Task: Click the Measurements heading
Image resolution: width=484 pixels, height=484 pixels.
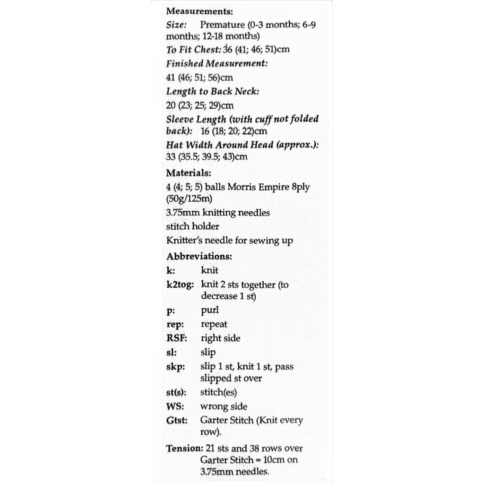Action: tap(199, 11)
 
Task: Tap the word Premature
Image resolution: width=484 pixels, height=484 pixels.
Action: tap(222, 25)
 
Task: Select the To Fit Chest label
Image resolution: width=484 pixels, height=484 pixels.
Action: tap(193, 50)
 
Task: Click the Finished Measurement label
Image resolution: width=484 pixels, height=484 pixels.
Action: tap(216, 63)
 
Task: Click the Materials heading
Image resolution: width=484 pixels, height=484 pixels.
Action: tap(188, 173)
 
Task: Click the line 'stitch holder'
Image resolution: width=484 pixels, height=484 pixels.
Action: tap(192, 226)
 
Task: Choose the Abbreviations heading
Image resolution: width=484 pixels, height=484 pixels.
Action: tap(199, 257)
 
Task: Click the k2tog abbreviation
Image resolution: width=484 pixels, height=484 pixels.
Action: tap(180, 285)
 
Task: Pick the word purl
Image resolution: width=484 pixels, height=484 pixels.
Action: tap(209, 311)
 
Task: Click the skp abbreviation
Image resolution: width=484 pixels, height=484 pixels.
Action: tap(175, 367)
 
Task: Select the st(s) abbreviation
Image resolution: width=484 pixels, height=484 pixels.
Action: tap(176, 393)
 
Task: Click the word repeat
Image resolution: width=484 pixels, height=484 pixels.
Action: tap(214, 325)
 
